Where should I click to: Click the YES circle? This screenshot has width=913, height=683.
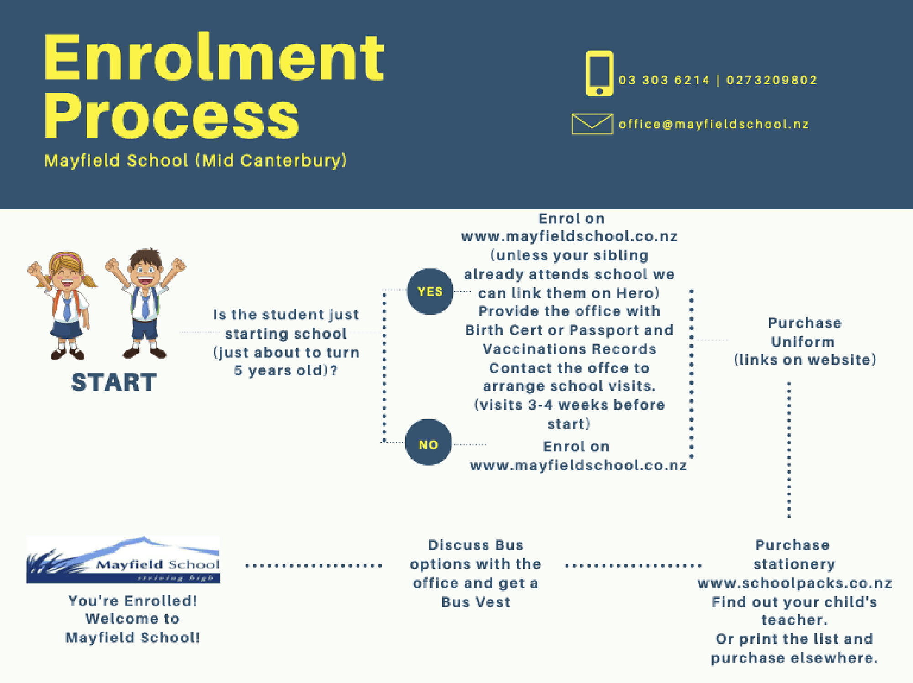[x=430, y=292]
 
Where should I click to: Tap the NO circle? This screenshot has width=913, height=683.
[x=428, y=443]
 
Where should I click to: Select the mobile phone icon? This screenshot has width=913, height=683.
[x=599, y=73]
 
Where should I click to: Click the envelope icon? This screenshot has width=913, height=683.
[x=592, y=124]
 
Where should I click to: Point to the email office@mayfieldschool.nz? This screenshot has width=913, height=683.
[x=714, y=124]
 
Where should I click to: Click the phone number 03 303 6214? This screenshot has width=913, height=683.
[x=664, y=80]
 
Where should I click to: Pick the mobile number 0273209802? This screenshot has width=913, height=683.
[x=771, y=80]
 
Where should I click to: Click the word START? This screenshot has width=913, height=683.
[x=114, y=382]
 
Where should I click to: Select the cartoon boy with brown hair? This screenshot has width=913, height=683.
[x=145, y=303]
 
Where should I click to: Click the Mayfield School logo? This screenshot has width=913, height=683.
[x=123, y=560]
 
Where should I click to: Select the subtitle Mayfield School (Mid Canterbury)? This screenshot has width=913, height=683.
[x=196, y=161]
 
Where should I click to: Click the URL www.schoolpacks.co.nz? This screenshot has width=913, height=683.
[x=794, y=583]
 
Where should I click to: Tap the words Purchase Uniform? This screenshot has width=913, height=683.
[x=804, y=332]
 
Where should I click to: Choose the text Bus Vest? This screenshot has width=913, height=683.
[x=476, y=602]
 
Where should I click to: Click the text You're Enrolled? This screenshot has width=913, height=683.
[x=133, y=601]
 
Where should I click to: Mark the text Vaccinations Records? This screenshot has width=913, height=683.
[x=569, y=349]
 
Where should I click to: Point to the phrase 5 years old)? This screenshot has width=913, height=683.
[x=286, y=370]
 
